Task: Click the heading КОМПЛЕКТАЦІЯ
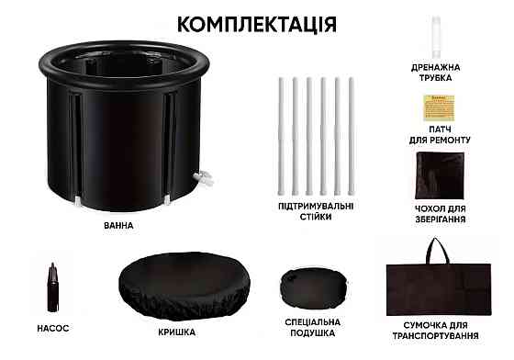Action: pos(255,22)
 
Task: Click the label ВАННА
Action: pos(119,225)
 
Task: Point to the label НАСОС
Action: pos(54,328)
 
